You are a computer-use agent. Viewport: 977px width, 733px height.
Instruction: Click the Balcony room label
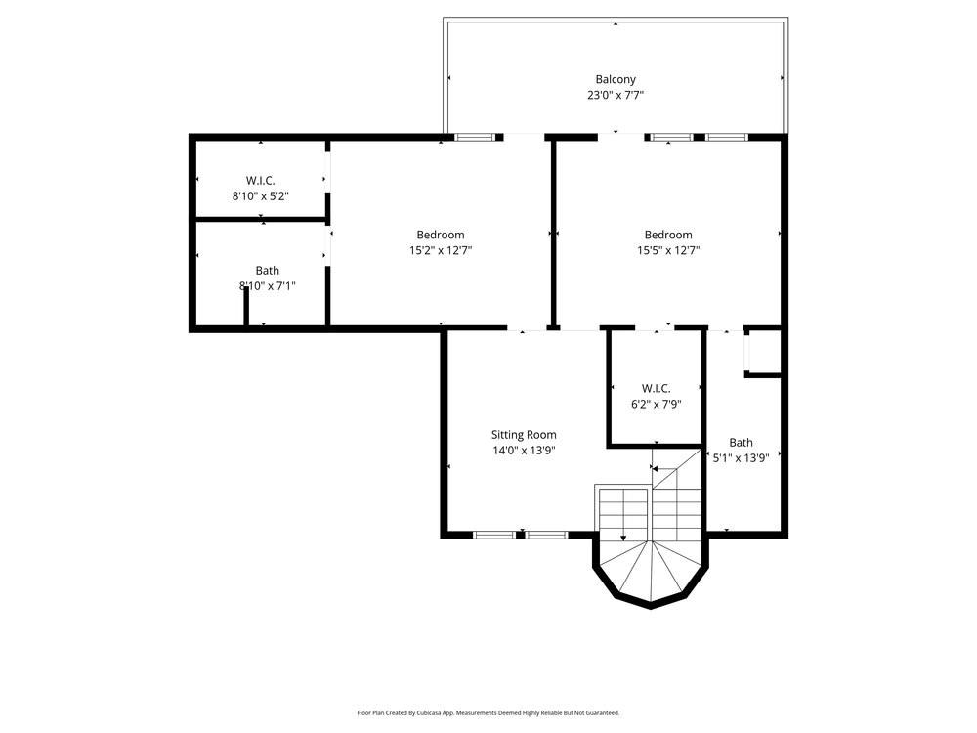tap(616, 79)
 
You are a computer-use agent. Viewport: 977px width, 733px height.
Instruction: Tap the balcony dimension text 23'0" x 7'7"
tap(616, 96)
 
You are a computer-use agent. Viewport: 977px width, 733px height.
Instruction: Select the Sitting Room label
tap(524, 435)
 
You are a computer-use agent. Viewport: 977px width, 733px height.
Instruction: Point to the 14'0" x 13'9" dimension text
tap(524, 451)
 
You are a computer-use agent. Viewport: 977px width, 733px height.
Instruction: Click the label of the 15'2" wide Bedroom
tap(441, 235)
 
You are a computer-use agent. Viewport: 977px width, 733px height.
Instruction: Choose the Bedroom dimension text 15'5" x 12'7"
tap(668, 250)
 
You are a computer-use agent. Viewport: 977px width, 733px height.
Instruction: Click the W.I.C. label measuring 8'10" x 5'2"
tap(260, 180)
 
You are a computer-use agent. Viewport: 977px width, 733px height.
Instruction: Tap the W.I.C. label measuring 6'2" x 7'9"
tap(656, 388)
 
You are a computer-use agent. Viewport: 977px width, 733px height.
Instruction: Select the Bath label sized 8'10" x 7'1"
tap(267, 271)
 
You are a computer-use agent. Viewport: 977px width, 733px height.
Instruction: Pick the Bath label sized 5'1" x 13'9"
tap(741, 442)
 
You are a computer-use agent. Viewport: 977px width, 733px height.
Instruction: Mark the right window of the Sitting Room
tap(546, 535)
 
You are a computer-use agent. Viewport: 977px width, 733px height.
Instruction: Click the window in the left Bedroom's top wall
tap(475, 137)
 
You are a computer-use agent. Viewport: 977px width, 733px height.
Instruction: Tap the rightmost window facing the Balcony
tap(727, 137)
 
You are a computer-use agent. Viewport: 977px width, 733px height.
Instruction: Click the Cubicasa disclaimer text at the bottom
tap(488, 713)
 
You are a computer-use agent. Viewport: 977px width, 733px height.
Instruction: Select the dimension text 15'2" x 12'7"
tap(441, 250)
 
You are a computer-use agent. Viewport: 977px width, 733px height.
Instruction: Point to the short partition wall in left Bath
tap(246, 309)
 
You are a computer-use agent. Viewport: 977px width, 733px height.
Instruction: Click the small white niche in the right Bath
tap(763, 352)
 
